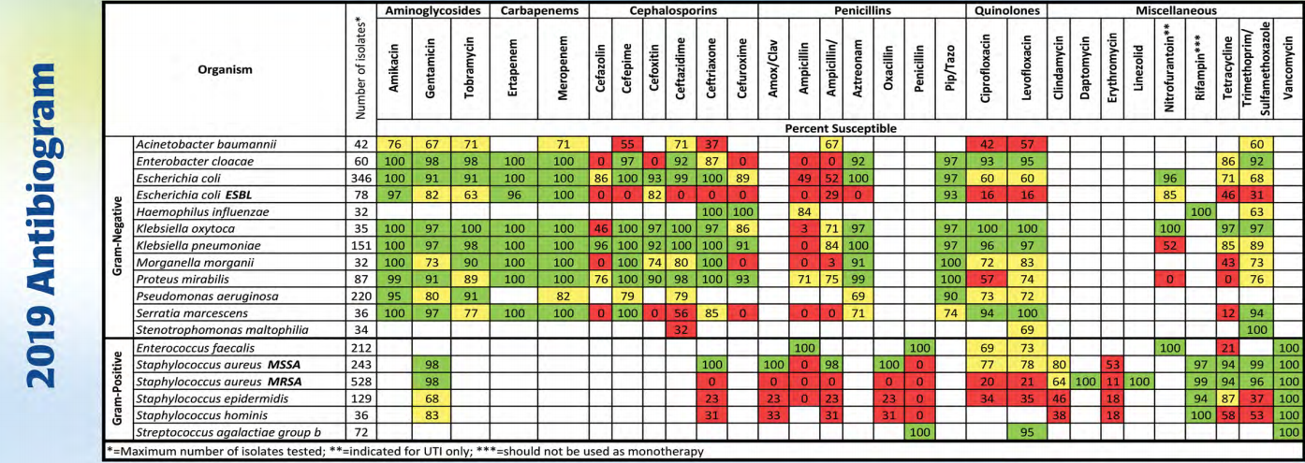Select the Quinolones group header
pos(1006,10)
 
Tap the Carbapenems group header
pos(539,10)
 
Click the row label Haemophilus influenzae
pos(203,212)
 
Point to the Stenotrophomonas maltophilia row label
pos(222,329)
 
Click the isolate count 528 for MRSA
pos(361,382)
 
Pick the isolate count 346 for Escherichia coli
pos(361,179)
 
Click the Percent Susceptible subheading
pos(841,128)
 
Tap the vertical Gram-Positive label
pos(118,388)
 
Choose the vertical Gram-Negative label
pos(118,237)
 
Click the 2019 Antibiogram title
pos(42,226)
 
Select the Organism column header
pos(225,69)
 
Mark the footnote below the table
pos(405,452)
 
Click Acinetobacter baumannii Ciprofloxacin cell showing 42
pos(986,144)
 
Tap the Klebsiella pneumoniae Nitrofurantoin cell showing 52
pos(1169,246)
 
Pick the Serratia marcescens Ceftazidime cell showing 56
pos(681,313)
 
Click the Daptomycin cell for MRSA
pos(1085,382)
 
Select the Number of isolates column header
pos(361,68)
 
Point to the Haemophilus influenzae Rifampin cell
pos(1201,212)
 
